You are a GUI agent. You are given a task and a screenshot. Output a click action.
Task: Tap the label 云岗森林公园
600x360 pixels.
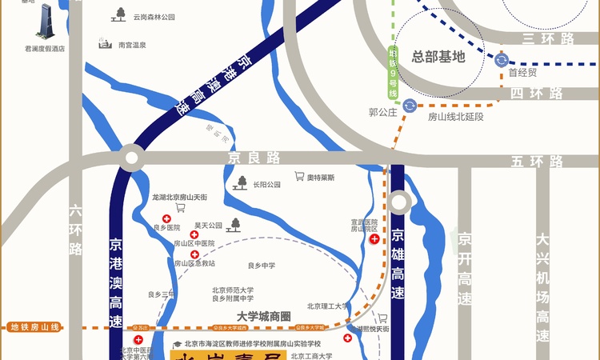click(x=154, y=16)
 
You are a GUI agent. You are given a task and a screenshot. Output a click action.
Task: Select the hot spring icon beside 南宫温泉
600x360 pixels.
click(x=104, y=42)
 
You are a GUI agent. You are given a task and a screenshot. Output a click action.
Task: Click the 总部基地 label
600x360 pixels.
click(x=438, y=57)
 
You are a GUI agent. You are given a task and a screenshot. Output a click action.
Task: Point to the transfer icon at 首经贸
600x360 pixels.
click(x=502, y=60)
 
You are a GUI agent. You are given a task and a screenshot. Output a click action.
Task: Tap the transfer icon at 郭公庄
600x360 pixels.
click(x=409, y=106)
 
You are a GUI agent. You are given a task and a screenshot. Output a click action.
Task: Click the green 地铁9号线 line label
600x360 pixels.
click(x=393, y=73)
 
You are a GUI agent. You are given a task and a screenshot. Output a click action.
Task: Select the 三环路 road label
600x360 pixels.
click(x=548, y=38)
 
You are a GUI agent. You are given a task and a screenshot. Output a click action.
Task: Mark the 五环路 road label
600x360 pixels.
click(x=537, y=162)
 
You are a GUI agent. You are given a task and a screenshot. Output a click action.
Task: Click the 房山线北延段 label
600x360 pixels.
click(x=456, y=117)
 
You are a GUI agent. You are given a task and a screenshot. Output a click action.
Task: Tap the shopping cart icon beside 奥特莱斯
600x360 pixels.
click(x=299, y=177)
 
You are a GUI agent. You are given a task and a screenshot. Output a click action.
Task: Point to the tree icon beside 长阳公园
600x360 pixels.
click(x=239, y=183)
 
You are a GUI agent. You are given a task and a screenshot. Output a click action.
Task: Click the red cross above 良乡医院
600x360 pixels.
click(x=166, y=218)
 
